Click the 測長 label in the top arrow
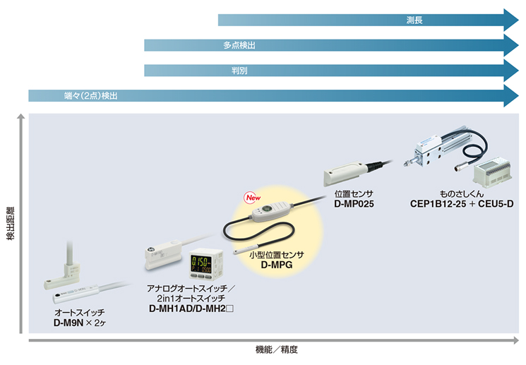click(x=414, y=20)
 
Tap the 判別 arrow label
click(x=239, y=71)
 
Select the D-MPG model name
click(x=277, y=265)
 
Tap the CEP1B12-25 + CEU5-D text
click(x=462, y=204)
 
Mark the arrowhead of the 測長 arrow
click(x=513, y=20)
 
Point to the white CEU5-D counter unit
click(x=493, y=172)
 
